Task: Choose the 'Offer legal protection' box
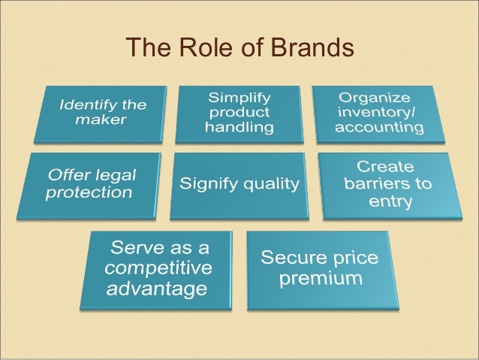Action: click(x=94, y=184)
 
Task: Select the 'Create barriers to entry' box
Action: click(x=385, y=184)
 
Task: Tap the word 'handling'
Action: click(x=240, y=127)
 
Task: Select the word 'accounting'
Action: click(x=379, y=127)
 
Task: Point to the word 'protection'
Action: click(x=89, y=192)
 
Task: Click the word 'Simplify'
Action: click(x=240, y=98)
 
